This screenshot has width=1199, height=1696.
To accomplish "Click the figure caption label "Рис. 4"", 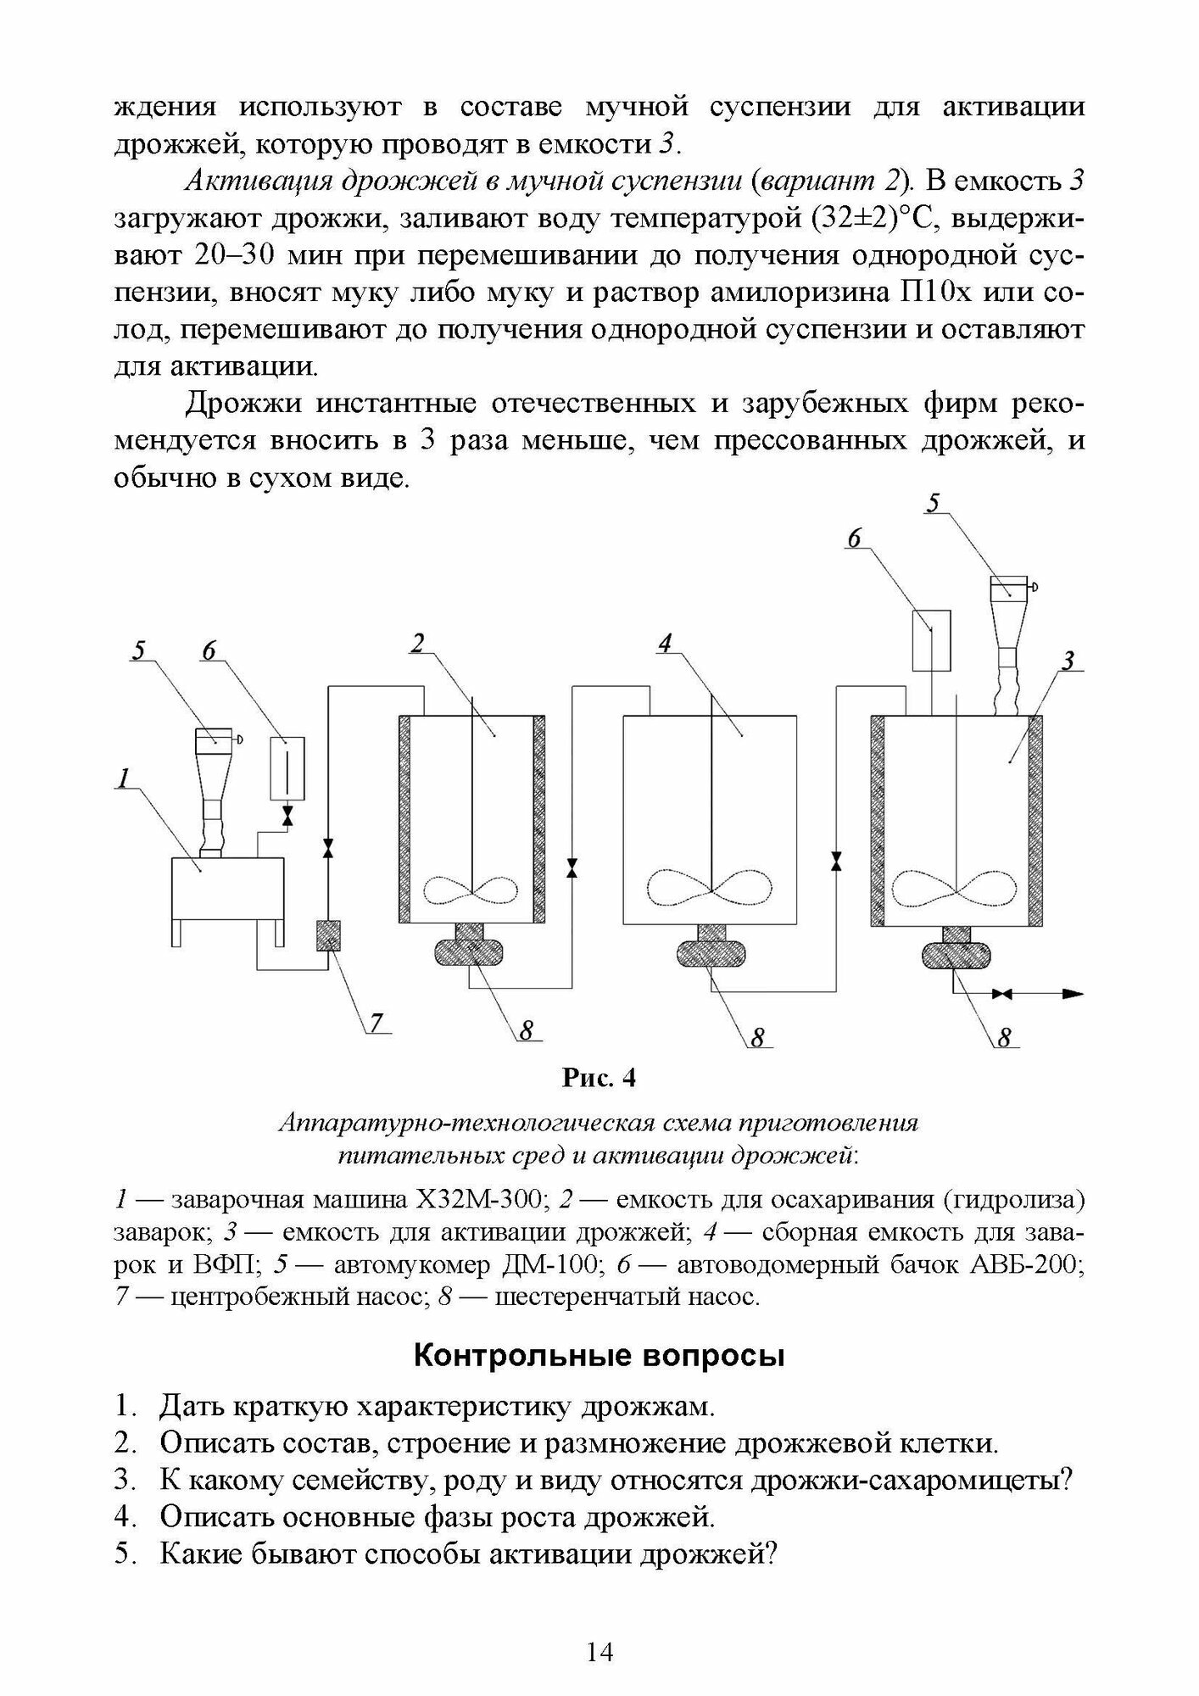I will point(599,1078).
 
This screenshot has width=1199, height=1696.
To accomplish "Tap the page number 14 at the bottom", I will point(599,1652).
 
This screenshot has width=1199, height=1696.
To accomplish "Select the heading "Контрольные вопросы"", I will point(599,1356).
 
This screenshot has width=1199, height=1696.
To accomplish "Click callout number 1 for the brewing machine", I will point(124,777).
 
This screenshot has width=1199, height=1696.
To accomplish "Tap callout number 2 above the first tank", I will point(417,644).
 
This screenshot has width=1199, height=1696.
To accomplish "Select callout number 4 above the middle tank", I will point(665,644).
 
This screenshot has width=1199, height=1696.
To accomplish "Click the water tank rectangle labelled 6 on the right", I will point(931,640).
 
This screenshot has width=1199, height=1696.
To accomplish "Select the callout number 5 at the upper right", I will point(933,503).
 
